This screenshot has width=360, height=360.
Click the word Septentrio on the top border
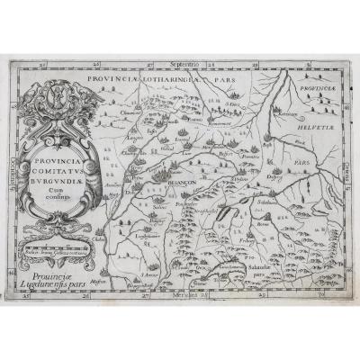(184, 66)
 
